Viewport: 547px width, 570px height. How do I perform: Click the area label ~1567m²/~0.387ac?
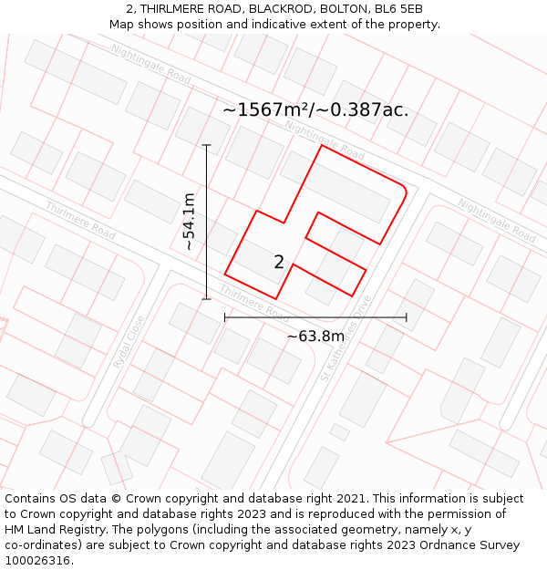[x=315, y=110]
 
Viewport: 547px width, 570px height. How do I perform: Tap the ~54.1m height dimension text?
[x=188, y=222]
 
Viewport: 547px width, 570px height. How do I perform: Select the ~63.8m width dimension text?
[x=315, y=337]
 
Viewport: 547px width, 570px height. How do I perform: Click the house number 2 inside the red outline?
[x=279, y=263]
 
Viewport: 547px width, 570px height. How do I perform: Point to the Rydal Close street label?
[x=129, y=341]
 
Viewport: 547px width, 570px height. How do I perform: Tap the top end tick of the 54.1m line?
[x=207, y=145]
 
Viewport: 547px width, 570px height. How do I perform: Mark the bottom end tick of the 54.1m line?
[x=207, y=298]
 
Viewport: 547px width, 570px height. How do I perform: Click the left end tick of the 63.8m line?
[x=225, y=317]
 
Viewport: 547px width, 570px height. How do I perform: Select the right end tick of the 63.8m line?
[x=407, y=317]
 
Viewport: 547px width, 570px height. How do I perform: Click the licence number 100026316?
[x=38, y=561]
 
